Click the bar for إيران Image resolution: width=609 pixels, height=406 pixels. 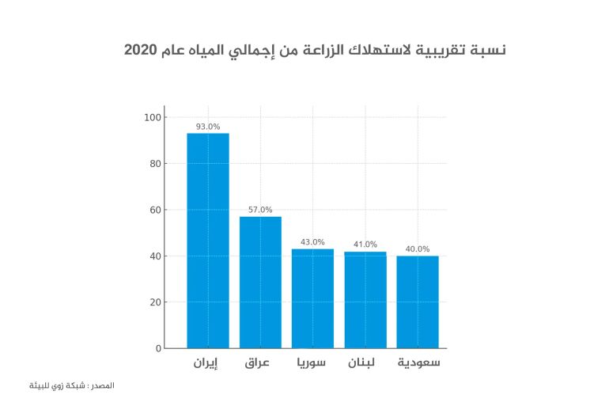click(x=207, y=241)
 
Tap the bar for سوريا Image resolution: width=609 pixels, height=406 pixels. click(x=312, y=298)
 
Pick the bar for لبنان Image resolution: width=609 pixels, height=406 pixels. click(x=365, y=301)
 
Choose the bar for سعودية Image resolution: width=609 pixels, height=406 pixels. click(x=418, y=302)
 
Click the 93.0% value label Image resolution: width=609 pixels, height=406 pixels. click(x=207, y=127)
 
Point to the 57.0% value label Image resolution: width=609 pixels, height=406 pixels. click(x=260, y=210)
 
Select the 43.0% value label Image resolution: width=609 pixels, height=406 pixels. click(x=312, y=242)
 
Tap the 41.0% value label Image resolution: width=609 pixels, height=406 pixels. click(x=365, y=245)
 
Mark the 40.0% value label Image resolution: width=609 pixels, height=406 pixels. click(x=418, y=249)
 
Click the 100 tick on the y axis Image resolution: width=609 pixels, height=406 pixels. click(x=152, y=118)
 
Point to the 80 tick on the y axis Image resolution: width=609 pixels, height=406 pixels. click(x=154, y=164)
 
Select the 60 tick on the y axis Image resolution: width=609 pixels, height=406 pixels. click(x=154, y=210)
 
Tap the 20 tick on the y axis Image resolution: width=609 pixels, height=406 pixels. click(x=154, y=302)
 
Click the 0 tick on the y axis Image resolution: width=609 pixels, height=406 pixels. click(x=157, y=348)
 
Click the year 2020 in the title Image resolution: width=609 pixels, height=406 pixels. click(x=141, y=51)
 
